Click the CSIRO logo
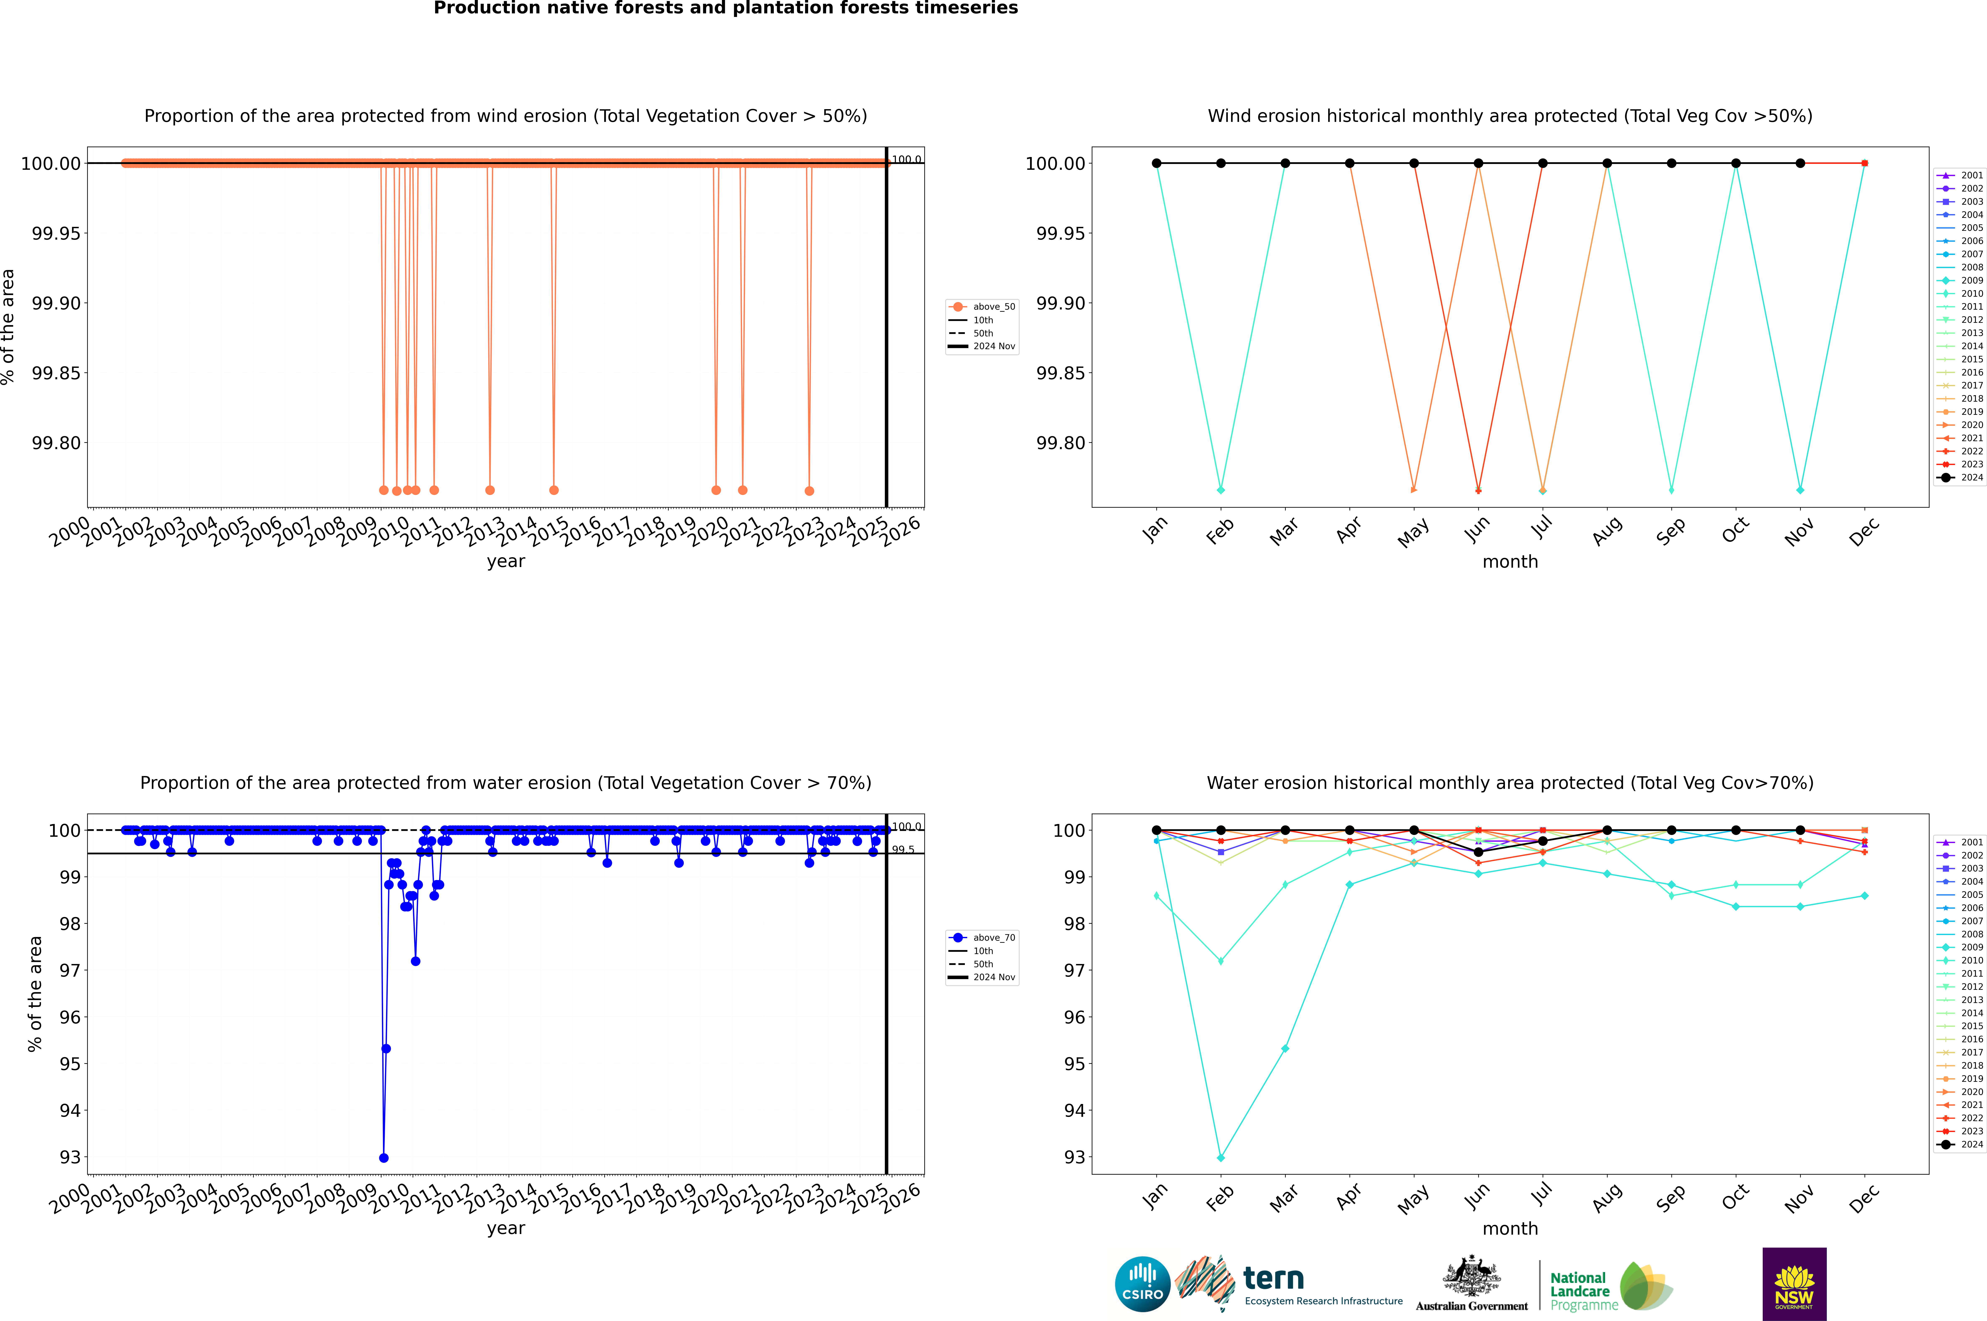click(x=1142, y=1284)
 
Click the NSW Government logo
click(x=1794, y=1284)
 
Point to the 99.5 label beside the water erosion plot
click(x=903, y=849)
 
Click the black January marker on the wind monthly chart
click(x=1157, y=164)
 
